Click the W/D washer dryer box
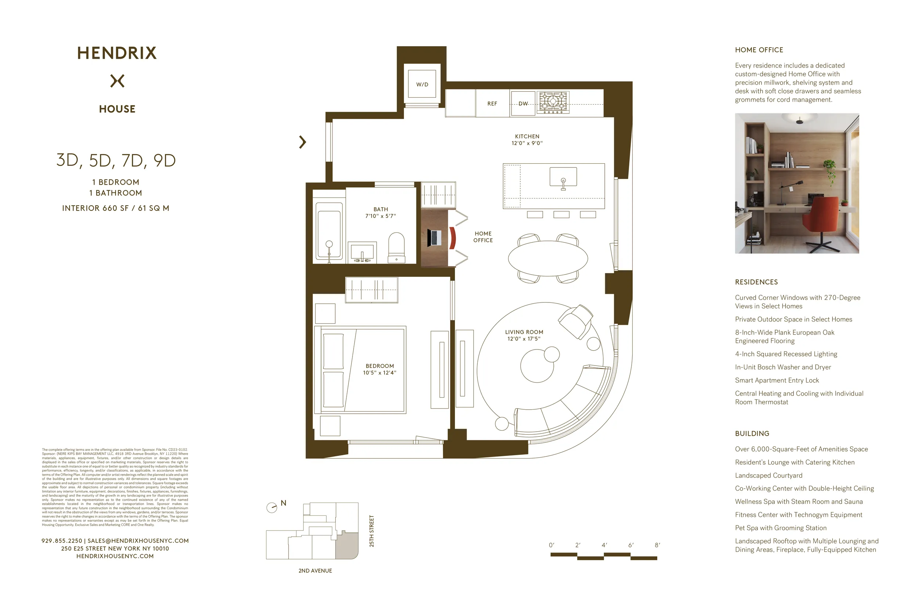pyautogui.click(x=422, y=84)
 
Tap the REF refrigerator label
pyautogui.click(x=492, y=103)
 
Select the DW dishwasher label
pyautogui.click(x=523, y=103)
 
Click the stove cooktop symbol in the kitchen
pyautogui.click(x=553, y=102)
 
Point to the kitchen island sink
pyautogui.click(x=563, y=177)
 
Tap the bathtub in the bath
pyautogui.click(x=329, y=231)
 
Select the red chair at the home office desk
pyautogui.click(x=452, y=238)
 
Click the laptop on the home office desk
pyautogui.click(x=434, y=238)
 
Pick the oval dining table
pyautogui.click(x=548, y=258)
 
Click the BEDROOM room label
pyautogui.click(x=380, y=366)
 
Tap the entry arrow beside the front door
pyautogui.click(x=303, y=142)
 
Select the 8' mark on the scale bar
pyautogui.click(x=657, y=545)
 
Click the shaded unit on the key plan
pyautogui.click(x=346, y=546)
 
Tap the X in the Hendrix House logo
pyautogui.click(x=117, y=81)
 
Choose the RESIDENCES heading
pyautogui.click(x=756, y=282)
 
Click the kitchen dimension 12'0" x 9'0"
pyautogui.click(x=527, y=143)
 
